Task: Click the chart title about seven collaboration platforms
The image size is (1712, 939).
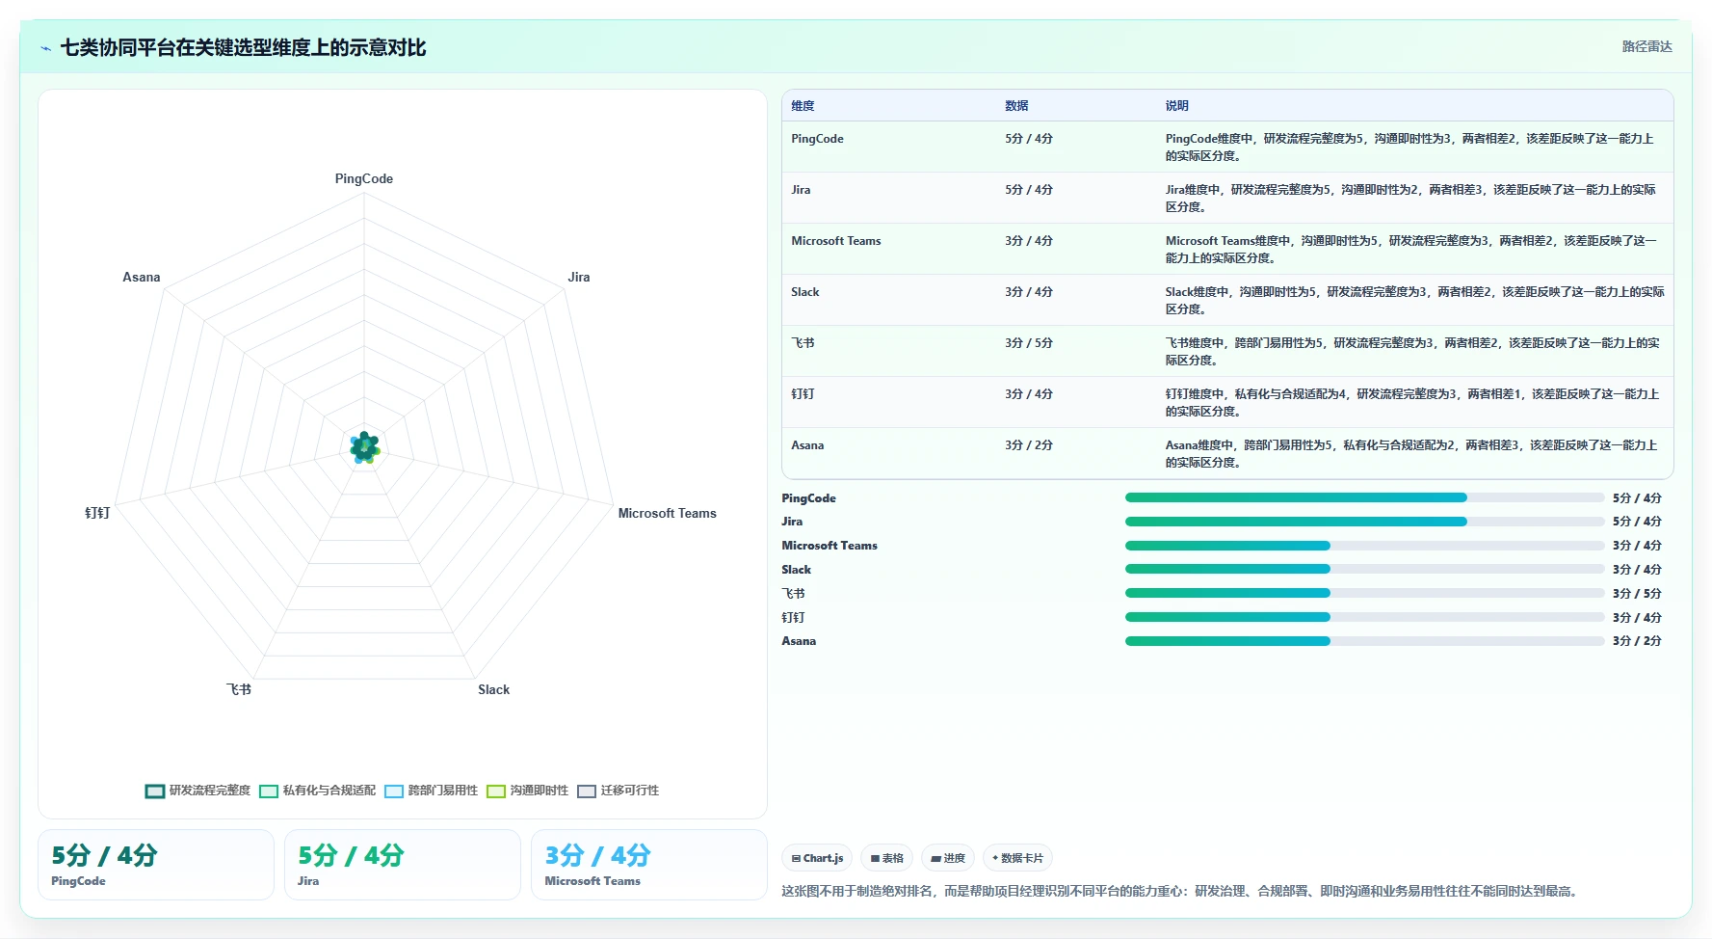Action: [x=243, y=47]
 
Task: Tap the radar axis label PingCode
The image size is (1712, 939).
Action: [x=364, y=178]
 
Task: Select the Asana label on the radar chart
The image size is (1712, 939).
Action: [x=142, y=277]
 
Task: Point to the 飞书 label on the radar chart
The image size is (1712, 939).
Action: [x=239, y=689]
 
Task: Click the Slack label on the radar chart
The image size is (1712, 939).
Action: [x=494, y=689]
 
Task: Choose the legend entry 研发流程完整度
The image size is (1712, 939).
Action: [x=198, y=791]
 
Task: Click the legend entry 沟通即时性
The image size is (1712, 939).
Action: [x=527, y=791]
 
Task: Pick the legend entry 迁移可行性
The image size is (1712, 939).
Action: [x=618, y=791]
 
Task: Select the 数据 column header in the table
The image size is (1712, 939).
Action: [x=1016, y=106]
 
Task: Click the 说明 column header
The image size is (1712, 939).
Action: [x=1176, y=106]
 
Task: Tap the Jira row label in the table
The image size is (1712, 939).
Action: [x=801, y=190]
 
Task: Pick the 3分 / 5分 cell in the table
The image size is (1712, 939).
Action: [x=1029, y=343]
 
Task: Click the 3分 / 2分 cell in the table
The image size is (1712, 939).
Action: [x=1029, y=445]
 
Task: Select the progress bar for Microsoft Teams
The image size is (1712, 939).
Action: [x=1364, y=546]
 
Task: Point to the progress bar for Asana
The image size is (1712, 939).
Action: [x=1364, y=641]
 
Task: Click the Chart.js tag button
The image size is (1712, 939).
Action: [x=817, y=858]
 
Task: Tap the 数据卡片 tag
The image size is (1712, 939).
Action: [x=1017, y=858]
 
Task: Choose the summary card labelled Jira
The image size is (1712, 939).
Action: [x=402, y=865]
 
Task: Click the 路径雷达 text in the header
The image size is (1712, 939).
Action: [x=1646, y=46]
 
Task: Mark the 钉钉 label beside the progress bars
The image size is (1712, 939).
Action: [x=793, y=618]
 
